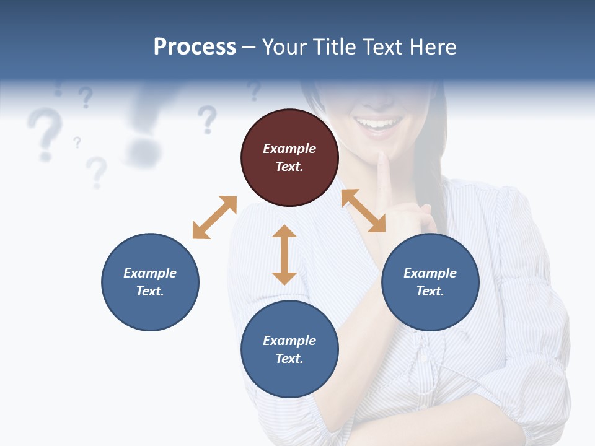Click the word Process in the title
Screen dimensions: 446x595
[195, 47]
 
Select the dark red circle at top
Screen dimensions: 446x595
[289, 158]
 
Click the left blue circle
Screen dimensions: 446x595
[150, 282]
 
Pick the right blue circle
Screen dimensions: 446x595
[430, 282]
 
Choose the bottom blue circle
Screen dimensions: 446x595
[289, 349]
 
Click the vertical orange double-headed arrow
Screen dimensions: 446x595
[284, 255]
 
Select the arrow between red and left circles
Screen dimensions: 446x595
[214, 217]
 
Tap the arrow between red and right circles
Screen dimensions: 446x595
[363, 211]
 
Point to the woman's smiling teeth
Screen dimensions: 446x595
[377, 124]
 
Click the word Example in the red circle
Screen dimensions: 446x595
[289, 149]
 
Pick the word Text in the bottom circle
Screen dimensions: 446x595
[289, 359]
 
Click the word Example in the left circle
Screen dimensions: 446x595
[150, 273]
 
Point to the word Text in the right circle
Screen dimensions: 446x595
[430, 291]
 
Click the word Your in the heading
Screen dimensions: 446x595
[284, 47]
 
